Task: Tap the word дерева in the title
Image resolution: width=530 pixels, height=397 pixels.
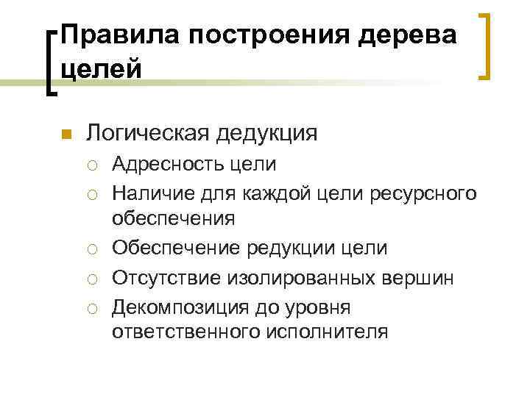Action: click(408, 35)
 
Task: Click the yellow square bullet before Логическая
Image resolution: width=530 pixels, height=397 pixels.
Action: click(65, 134)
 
